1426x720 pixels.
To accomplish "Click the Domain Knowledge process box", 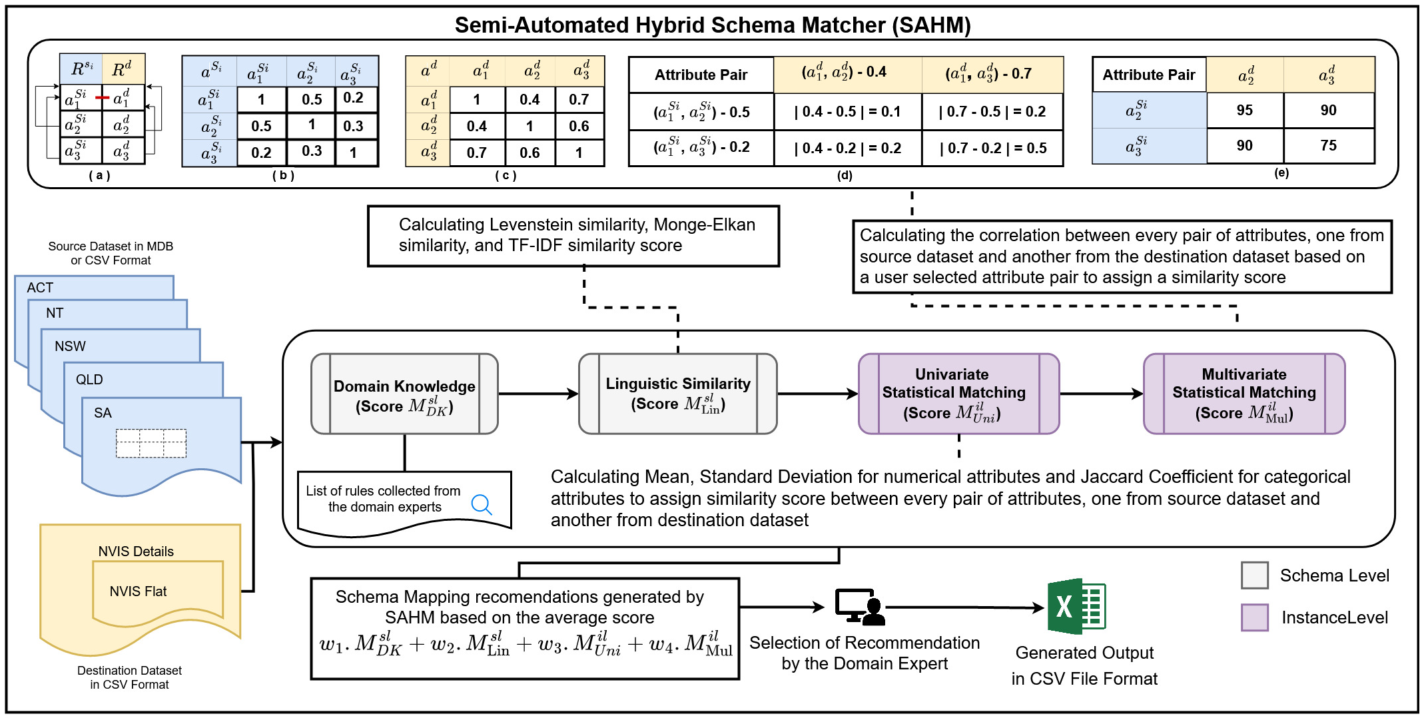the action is [404, 394].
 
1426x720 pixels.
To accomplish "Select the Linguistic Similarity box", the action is [678, 394].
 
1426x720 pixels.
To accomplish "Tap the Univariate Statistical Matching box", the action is [958, 394].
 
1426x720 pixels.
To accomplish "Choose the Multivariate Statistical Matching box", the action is [1244, 394].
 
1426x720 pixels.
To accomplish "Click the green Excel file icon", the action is [1076, 606].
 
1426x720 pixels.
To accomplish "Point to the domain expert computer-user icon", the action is [860, 607].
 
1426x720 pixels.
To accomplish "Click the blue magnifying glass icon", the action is [482, 505].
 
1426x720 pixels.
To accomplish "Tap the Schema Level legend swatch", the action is [1255, 575].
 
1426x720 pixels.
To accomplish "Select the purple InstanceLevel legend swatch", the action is [1255, 617].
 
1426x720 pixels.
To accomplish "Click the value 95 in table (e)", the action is [1244, 111].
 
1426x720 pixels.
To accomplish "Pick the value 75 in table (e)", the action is [1328, 146].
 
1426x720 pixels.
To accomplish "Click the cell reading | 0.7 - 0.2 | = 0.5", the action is [992, 148].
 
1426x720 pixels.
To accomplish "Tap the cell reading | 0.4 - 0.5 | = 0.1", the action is [847, 111].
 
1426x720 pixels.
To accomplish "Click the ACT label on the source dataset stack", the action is [40, 288].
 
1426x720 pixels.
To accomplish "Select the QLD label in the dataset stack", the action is [89, 380].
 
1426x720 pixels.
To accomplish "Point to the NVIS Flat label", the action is [138, 591].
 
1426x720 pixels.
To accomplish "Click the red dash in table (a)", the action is [102, 98].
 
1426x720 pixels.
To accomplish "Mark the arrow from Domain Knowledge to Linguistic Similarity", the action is [538, 394].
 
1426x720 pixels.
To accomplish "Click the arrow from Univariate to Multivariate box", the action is [1102, 394].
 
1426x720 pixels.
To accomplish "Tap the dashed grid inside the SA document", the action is [151, 444].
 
